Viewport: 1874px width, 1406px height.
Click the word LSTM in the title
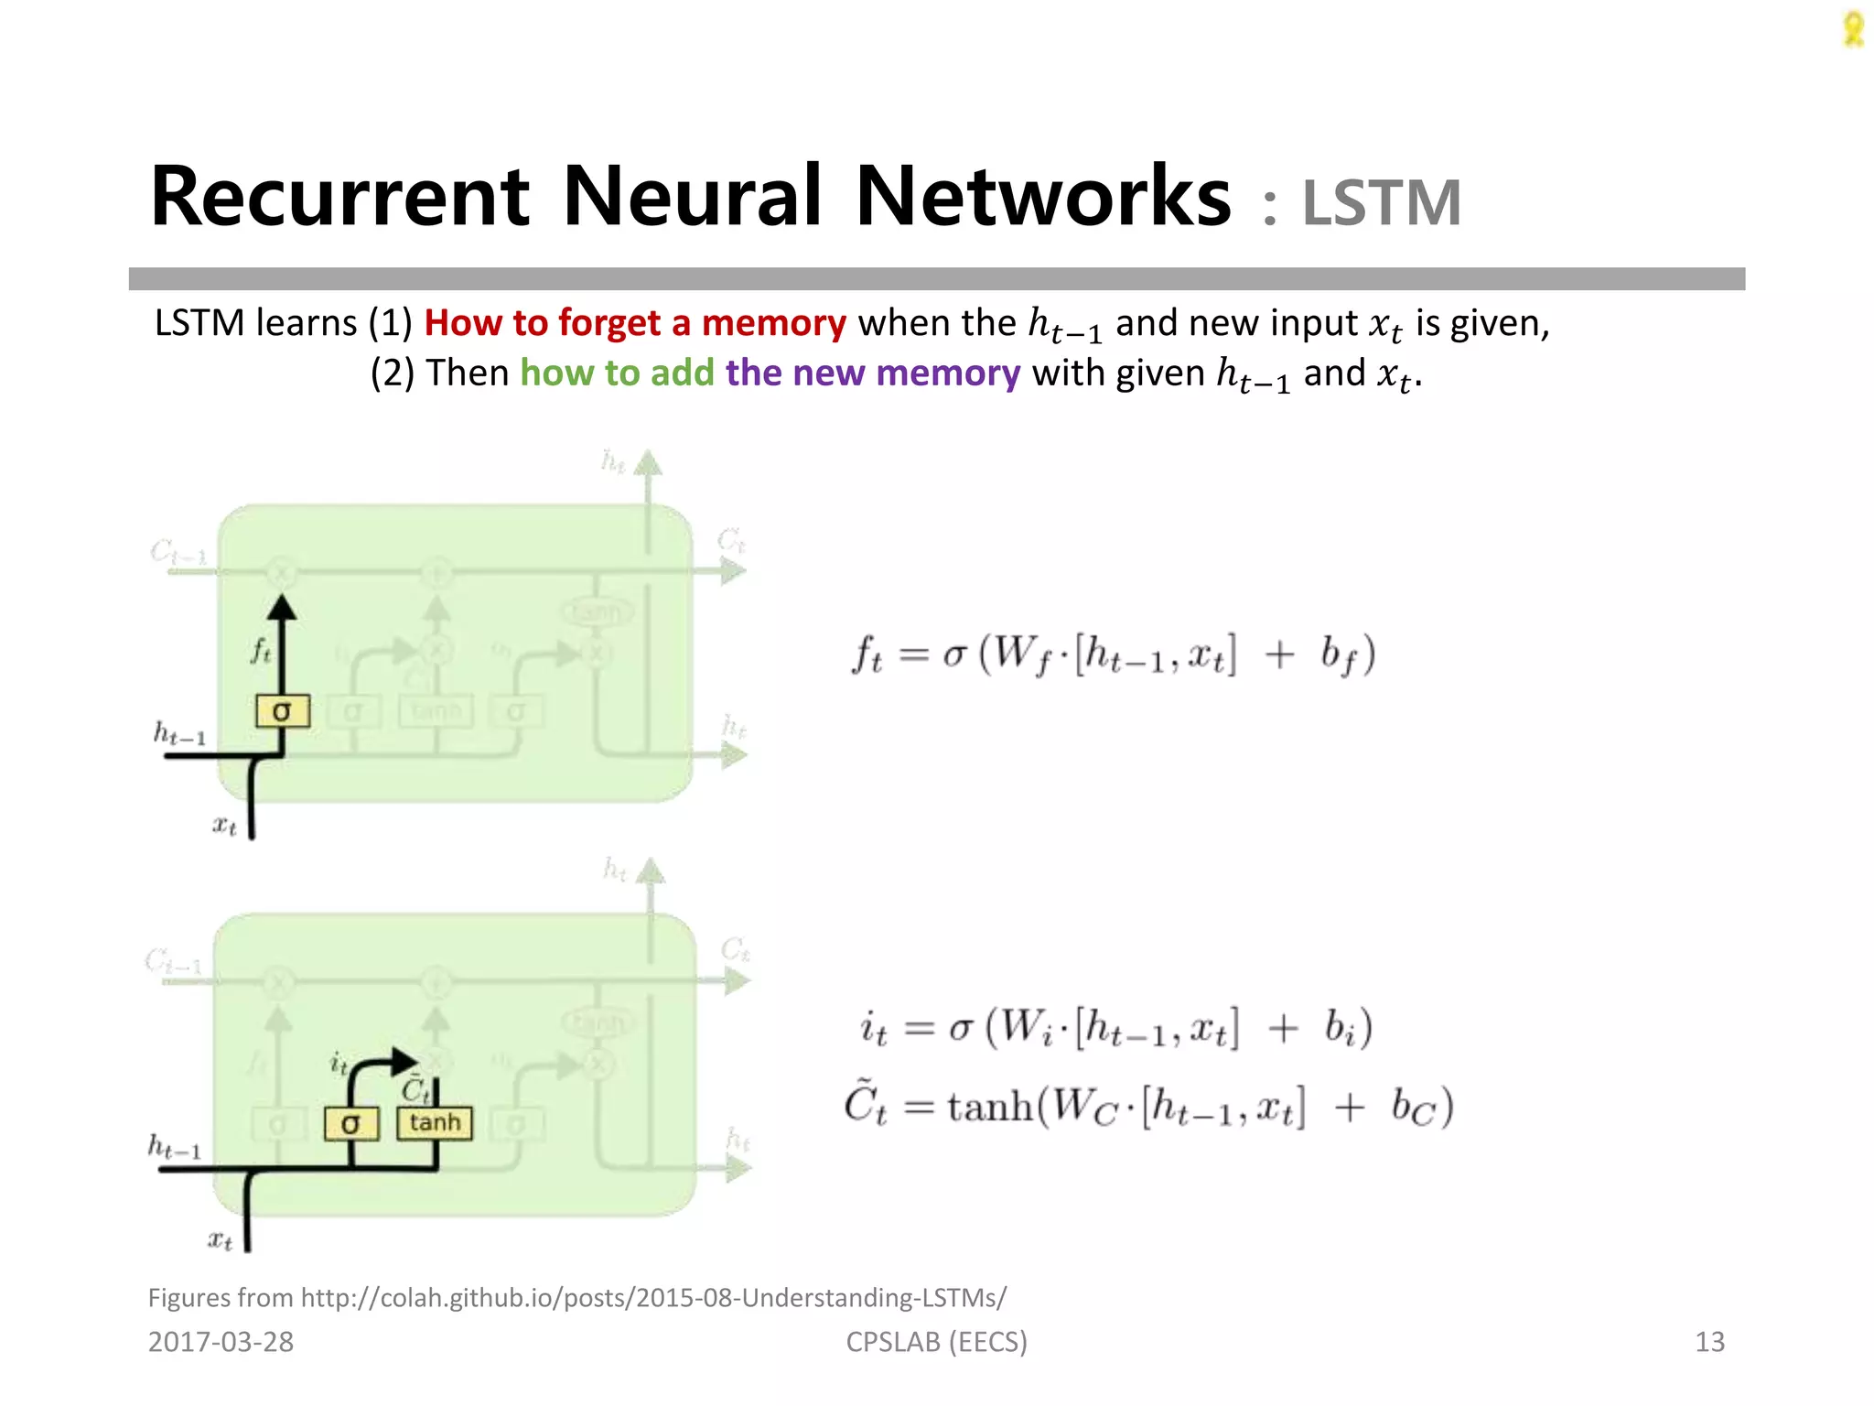coord(1381,203)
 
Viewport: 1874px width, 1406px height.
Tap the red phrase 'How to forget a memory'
coord(635,323)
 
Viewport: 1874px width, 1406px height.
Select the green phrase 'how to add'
coord(617,373)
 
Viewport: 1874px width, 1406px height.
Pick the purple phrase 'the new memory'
coord(873,373)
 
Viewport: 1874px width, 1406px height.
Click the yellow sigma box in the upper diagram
coord(282,711)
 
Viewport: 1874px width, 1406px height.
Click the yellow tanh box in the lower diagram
coord(435,1123)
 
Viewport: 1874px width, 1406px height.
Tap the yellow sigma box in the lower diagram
coord(351,1124)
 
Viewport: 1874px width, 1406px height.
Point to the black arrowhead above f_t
coord(282,608)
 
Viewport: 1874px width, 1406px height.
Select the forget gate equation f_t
coord(1113,655)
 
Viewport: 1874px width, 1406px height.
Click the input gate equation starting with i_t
coord(1115,1028)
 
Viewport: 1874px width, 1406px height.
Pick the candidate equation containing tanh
coord(1148,1107)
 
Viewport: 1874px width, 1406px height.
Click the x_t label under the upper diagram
coord(224,826)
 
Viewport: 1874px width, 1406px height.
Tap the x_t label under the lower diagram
coord(220,1241)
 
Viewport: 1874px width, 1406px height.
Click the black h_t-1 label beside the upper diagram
coord(179,734)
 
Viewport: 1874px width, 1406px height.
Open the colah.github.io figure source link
coord(653,1298)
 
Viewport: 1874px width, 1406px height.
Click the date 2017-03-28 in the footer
coord(221,1342)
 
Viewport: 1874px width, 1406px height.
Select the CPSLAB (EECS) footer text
coord(936,1342)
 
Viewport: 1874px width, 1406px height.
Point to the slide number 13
coord(1709,1342)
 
